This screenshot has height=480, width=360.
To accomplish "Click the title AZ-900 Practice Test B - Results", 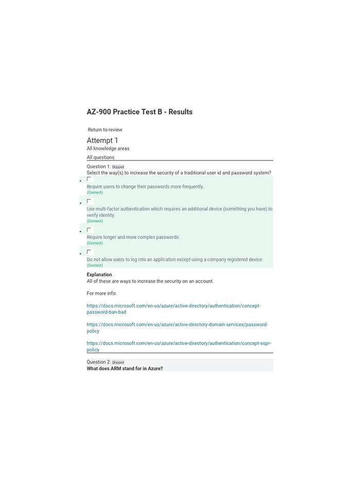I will click(x=139, y=112).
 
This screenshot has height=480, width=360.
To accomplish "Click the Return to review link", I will click(x=105, y=130).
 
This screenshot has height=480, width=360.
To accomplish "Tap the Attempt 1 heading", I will click(x=102, y=140).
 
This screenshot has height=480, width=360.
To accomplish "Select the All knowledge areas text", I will click(x=108, y=149).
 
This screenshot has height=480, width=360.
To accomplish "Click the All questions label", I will click(x=100, y=157).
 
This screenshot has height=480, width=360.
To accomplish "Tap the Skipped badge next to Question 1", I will click(x=118, y=167).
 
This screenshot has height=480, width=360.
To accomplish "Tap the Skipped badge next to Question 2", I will click(x=118, y=363).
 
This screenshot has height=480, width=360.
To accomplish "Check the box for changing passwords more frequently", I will click(x=89, y=179).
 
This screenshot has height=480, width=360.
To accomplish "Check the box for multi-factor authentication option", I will click(x=89, y=201).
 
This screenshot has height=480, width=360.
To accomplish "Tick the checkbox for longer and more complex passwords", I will click(x=89, y=229).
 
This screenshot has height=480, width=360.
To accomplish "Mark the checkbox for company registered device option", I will click(x=89, y=252).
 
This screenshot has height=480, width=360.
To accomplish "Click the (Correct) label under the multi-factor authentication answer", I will click(x=95, y=221).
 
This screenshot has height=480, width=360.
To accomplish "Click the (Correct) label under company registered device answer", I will click(x=95, y=265).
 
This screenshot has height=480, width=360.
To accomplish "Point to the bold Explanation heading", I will click(x=99, y=275).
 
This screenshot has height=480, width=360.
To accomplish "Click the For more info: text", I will click(x=101, y=293).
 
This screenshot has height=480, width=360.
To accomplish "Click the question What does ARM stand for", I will click(x=124, y=368).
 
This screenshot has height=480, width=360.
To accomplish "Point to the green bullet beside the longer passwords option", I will click(x=80, y=232).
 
